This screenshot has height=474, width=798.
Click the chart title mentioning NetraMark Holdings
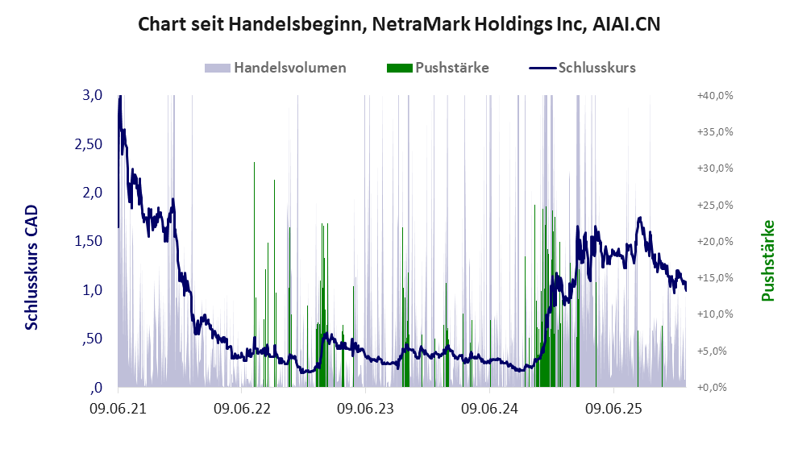coord(399,24)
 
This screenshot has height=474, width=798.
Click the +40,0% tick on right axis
coord(715,95)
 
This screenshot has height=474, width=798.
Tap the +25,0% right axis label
coord(715,205)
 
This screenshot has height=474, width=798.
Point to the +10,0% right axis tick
coord(715,314)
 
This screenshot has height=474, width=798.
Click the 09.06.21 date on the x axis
coord(118,409)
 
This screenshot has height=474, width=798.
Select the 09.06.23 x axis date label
coord(366,409)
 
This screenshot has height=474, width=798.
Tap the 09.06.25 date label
coord(613,409)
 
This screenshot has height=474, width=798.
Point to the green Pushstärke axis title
coord(767,261)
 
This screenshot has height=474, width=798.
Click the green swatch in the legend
coord(399,68)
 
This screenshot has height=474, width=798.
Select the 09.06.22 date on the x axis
coord(242,409)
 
